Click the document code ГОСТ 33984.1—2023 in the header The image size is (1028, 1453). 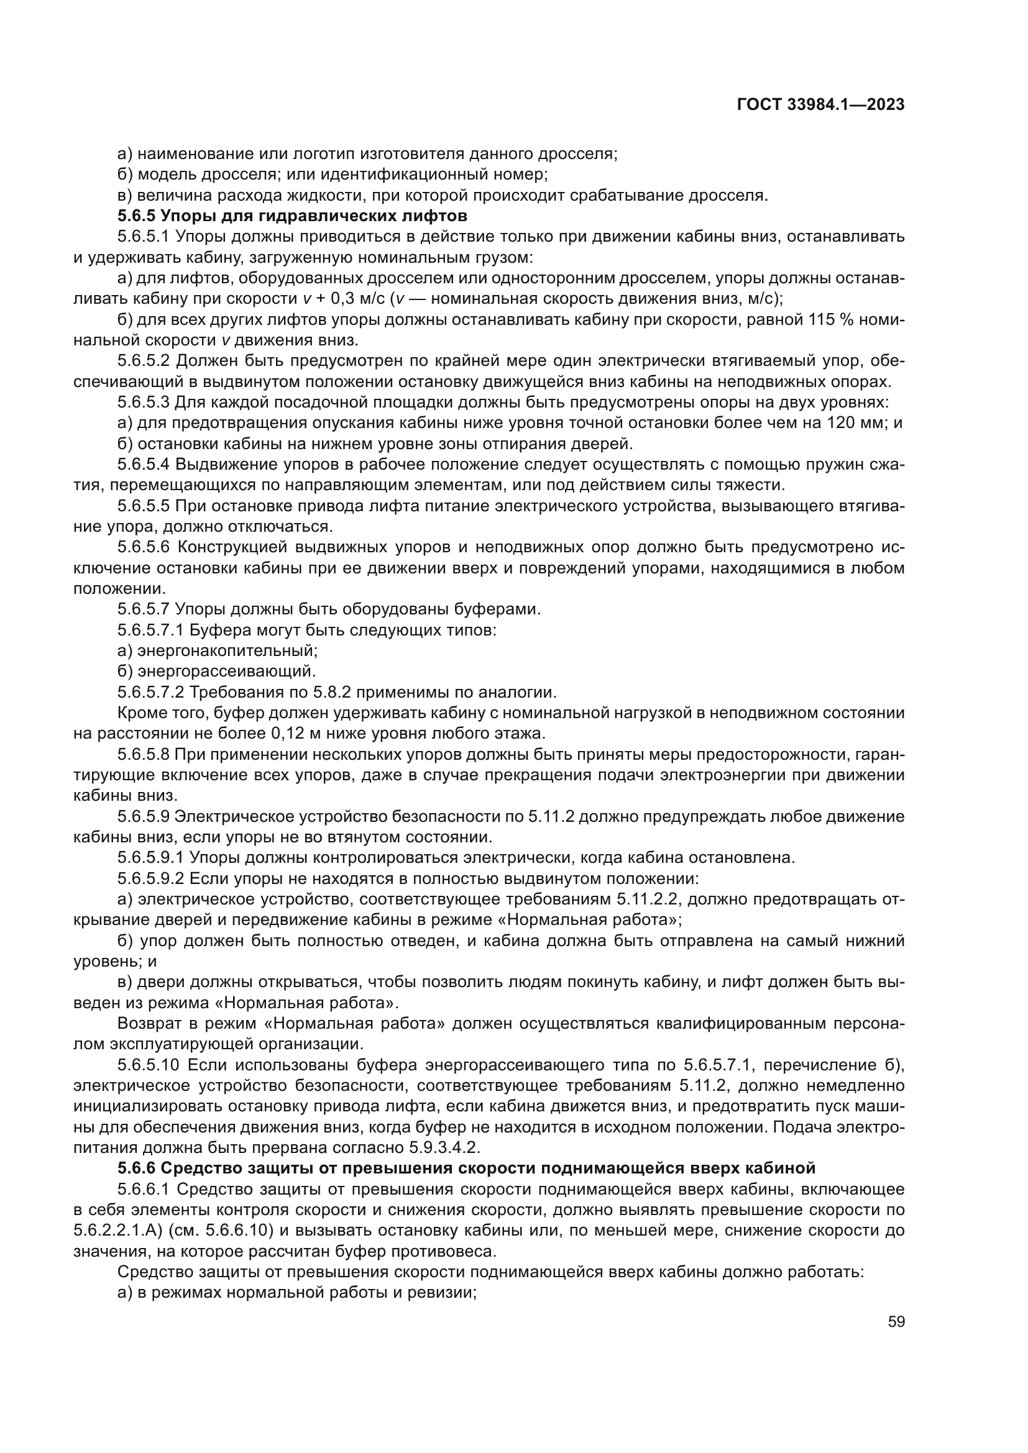click(820, 105)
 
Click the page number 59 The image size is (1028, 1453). click(896, 1322)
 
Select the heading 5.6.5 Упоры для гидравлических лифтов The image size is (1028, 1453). click(293, 216)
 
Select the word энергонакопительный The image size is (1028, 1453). click(227, 650)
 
